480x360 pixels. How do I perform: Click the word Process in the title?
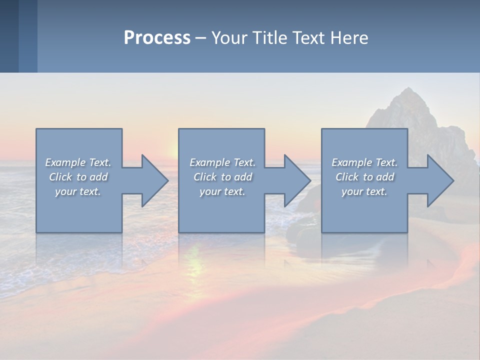[157, 38]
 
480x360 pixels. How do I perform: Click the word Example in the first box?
[65, 162]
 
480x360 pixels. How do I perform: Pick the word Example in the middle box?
[209, 162]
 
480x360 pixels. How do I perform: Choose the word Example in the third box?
[351, 162]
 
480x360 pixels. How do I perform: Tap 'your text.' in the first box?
[78, 191]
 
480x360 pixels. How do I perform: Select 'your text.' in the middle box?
[222, 191]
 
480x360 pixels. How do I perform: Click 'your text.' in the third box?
[364, 191]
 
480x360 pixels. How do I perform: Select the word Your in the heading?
[228, 38]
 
